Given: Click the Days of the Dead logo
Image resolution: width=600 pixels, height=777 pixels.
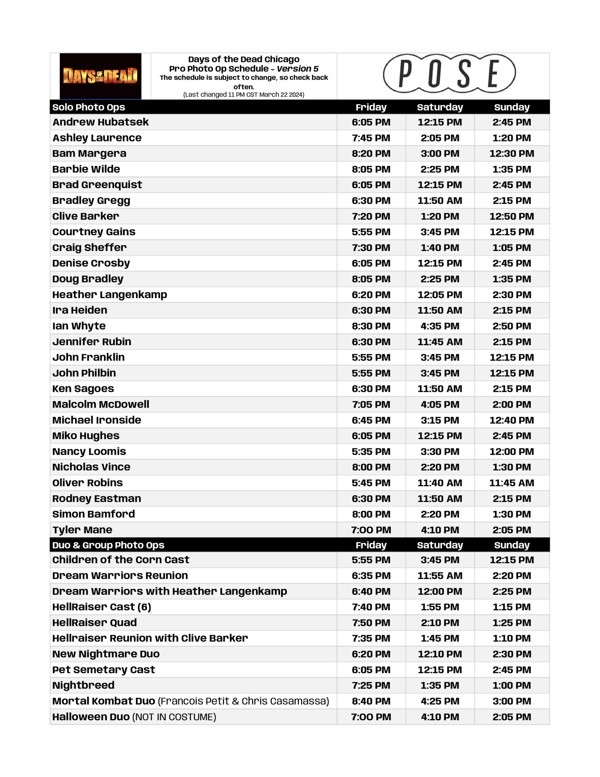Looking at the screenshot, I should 100,76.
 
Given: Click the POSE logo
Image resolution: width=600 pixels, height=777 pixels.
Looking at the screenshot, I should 449,74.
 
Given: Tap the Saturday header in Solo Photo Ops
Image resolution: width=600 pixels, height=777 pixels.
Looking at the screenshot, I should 440,107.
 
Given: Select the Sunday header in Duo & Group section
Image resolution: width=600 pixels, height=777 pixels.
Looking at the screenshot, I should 511,545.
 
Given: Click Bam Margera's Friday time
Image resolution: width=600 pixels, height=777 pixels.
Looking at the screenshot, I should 371,154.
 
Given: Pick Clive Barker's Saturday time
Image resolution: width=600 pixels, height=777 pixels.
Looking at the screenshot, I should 440,216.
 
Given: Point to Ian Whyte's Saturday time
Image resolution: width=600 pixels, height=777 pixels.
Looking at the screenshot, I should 440,326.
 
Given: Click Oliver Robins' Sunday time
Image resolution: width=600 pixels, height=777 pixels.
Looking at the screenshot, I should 511,483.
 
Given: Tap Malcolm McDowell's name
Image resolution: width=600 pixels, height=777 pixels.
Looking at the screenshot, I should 101,405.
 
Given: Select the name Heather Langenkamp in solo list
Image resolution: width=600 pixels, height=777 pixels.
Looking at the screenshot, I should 110,295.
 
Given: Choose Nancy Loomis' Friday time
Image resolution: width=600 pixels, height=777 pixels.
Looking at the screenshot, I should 371,451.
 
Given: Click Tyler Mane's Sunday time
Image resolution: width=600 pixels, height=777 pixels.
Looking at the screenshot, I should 511,530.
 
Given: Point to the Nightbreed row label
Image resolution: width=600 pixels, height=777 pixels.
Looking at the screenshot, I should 83,685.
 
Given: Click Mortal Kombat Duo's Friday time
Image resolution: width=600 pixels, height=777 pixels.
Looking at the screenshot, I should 371,701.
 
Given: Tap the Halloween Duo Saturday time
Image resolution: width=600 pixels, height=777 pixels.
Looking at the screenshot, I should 440,717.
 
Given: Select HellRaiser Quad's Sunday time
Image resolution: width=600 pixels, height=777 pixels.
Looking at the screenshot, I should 511,623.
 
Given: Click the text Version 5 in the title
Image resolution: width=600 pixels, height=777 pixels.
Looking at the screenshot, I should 298,69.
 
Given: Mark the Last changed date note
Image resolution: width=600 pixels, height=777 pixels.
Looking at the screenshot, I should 244,95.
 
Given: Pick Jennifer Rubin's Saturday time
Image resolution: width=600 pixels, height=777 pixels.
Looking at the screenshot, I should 440,342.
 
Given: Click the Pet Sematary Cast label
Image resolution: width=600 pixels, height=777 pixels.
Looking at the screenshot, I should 103,670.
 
